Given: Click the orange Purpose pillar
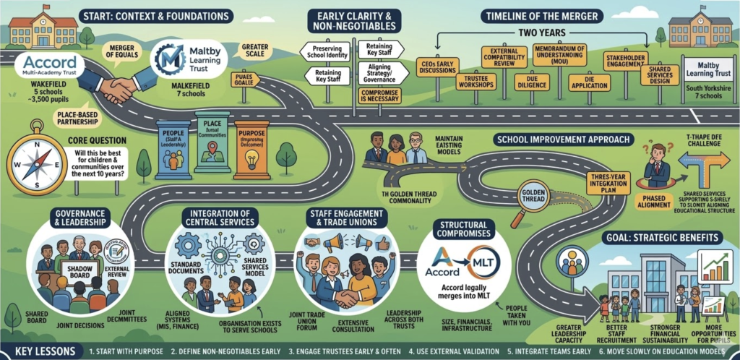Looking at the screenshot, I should click(x=250, y=150).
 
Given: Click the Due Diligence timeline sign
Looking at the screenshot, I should click(x=532, y=82).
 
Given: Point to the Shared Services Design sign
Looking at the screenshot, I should click(x=660, y=74).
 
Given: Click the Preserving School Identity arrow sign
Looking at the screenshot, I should click(x=326, y=53).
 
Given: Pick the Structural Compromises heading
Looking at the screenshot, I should click(x=464, y=229).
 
